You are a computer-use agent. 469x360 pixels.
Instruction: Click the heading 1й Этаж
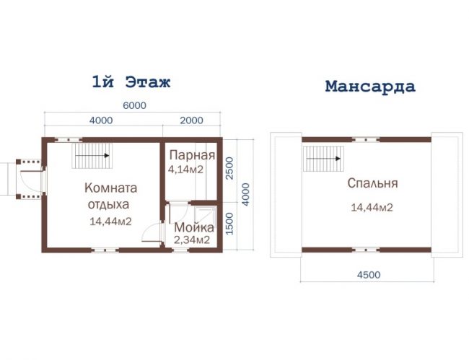[131, 82]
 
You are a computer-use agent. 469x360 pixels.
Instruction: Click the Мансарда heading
[370, 86]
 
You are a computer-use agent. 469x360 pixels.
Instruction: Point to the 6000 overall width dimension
[135, 105]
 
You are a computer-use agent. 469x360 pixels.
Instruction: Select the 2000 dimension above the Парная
[191, 120]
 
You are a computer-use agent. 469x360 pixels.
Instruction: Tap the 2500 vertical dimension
[229, 168]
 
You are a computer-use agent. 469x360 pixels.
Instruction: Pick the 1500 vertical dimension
[229, 224]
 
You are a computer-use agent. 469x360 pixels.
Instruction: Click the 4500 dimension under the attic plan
[369, 274]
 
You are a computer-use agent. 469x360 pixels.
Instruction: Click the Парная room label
[193, 155]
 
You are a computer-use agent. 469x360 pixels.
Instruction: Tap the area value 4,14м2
[185, 170]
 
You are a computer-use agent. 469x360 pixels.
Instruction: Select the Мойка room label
[194, 227]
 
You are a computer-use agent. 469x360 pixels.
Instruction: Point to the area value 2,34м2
[192, 240]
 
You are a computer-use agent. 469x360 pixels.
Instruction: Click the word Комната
[110, 188]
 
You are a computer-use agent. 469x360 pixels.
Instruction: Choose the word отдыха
[108, 204]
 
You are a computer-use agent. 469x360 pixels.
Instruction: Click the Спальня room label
[373, 183]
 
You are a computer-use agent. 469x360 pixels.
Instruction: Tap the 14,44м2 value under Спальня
[372, 207]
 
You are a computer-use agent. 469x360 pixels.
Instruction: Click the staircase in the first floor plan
[92, 156]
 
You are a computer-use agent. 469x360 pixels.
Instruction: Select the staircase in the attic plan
[323, 159]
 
